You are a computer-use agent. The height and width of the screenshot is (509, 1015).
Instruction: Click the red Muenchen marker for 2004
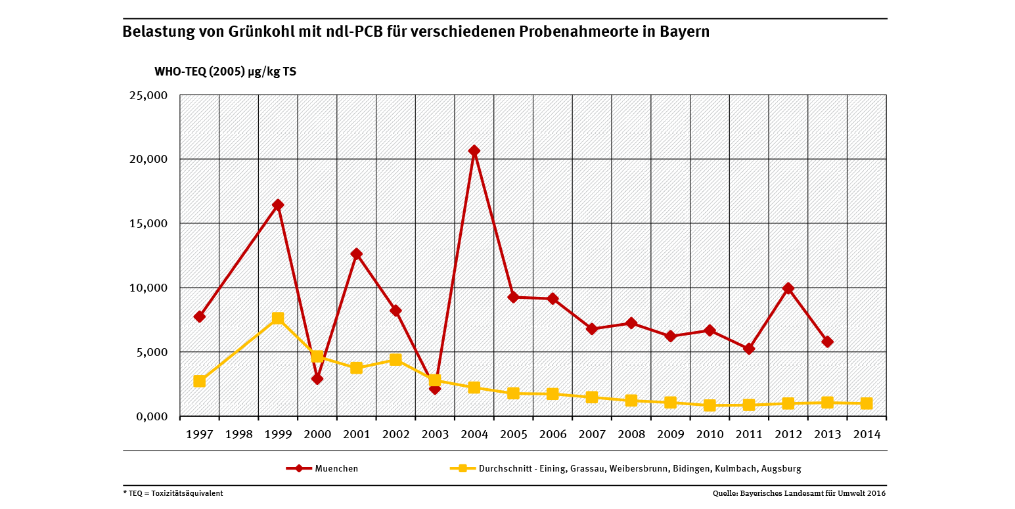coord(474,151)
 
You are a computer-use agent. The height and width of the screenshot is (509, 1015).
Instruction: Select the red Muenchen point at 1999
coord(278,205)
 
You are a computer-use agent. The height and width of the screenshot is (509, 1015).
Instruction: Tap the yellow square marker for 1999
coord(278,319)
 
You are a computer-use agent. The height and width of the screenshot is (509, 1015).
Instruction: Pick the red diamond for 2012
coord(788,288)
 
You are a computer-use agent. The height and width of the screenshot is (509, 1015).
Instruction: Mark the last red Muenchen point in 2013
coord(827,342)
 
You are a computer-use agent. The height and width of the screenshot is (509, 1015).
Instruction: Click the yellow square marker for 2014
coord(867,403)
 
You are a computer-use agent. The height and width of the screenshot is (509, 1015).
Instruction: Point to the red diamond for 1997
coord(200,317)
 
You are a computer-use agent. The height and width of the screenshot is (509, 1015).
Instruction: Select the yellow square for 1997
coord(200,381)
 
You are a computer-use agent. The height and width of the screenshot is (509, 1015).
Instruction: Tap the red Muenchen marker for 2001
coord(357,254)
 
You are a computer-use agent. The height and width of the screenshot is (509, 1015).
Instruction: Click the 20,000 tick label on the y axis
coord(149,160)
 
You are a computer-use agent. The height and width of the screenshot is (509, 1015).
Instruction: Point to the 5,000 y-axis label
coord(152,352)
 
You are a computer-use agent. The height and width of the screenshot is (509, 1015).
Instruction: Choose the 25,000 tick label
coord(149,95)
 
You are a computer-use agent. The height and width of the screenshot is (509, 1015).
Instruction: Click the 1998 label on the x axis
coord(238,434)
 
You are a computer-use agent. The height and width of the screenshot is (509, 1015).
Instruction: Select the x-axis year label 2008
coord(631,434)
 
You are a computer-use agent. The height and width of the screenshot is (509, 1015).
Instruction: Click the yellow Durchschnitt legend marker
coord(462,468)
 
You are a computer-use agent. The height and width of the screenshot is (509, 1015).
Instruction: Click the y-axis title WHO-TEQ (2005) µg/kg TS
coord(225,72)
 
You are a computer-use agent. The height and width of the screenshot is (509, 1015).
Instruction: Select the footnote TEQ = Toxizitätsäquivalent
coord(173,493)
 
